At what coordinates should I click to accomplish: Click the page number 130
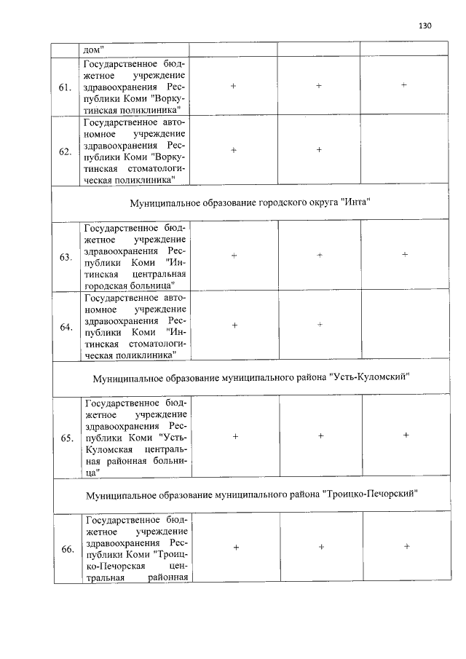425,25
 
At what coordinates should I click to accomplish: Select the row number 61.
65,87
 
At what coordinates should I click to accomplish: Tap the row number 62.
65,152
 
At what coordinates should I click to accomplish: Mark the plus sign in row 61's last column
403,85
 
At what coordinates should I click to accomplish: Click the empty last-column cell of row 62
403,151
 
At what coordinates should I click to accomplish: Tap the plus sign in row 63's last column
404,254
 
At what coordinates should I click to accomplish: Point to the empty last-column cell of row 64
404,327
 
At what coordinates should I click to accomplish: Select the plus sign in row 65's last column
406,435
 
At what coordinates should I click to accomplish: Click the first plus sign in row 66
236,547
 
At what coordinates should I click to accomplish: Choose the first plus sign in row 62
234,150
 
